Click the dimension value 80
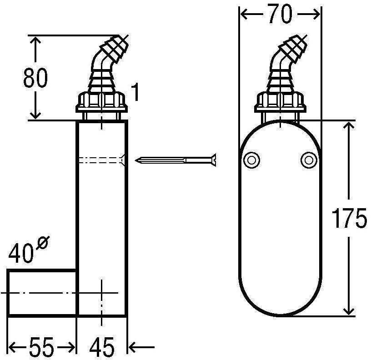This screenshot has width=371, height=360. tap(35, 78)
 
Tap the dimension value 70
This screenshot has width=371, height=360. tap(281, 14)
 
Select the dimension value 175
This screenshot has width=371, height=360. tap(349, 218)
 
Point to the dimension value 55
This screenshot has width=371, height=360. tap(42, 347)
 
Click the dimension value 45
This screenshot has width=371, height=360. tap(102, 347)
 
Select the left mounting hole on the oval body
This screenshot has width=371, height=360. tap(251, 160)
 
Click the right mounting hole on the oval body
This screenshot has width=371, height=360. tap(309, 160)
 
